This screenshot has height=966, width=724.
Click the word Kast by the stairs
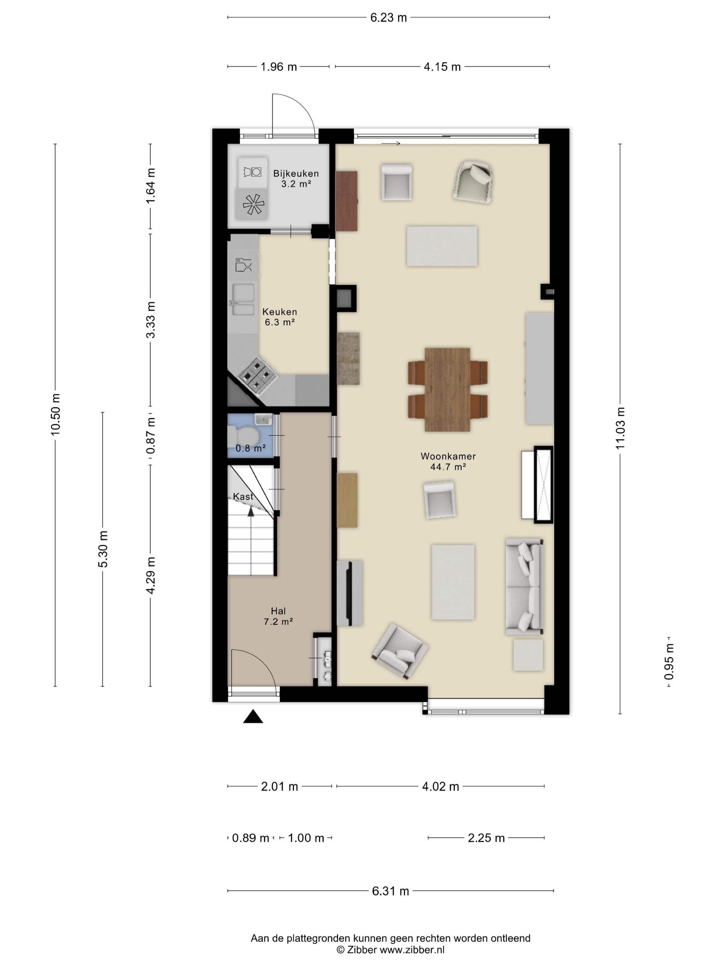pyautogui.click(x=243, y=496)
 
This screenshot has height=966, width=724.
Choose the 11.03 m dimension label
pyautogui.click(x=620, y=428)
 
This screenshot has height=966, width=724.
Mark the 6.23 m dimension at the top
pyautogui.click(x=389, y=18)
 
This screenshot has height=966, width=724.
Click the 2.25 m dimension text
pyautogui.click(x=486, y=838)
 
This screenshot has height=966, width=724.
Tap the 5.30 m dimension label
pyautogui.click(x=103, y=549)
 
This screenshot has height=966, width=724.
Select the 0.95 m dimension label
pyautogui.click(x=669, y=661)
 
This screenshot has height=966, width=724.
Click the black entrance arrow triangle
pyautogui.click(x=253, y=717)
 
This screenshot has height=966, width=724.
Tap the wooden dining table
pyautogui.click(x=447, y=390)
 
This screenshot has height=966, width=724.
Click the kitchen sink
pyautogui.click(x=243, y=299)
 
